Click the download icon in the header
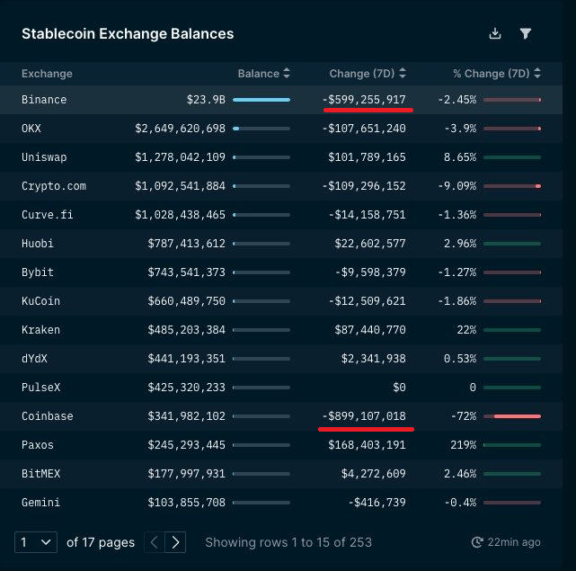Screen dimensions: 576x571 (495, 33)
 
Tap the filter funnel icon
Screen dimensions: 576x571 (526, 33)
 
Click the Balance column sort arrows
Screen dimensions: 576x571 (287, 73)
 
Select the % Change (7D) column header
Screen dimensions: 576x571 (492, 74)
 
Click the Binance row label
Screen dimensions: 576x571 (44, 100)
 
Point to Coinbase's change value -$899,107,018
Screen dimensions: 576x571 (364, 415)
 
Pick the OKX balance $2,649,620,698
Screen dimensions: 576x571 (180, 129)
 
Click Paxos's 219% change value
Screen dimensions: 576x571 (463, 445)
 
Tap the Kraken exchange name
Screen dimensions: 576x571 (40, 330)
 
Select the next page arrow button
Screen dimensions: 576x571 (175, 542)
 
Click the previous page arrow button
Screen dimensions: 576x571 (155, 542)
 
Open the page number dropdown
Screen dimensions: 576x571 (36, 542)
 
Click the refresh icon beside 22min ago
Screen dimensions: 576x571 (477, 542)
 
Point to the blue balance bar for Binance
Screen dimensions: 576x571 (261, 100)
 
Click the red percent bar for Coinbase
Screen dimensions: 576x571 (518, 416)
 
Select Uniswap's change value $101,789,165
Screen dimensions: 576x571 (367, 157)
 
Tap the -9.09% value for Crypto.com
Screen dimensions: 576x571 (457, 186)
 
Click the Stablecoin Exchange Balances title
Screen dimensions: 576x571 (128, 34)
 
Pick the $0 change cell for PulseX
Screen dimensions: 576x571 (399, 388)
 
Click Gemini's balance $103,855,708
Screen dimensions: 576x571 (187, 503)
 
